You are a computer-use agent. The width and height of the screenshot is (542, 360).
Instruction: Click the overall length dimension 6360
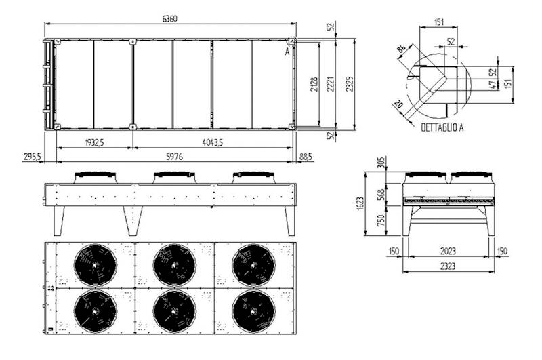(169, 19)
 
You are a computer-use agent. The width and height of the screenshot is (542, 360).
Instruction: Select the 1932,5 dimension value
(94, 142)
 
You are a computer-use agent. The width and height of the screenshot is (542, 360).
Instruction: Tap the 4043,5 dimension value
(213, 142)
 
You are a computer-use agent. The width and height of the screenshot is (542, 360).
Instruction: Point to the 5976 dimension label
(174, 157)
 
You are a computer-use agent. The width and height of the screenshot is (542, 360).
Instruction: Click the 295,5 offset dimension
(32, 157)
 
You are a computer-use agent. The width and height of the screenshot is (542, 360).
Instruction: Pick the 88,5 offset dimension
(306, 157)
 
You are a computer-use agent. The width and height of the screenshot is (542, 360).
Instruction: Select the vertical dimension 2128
(314, 84)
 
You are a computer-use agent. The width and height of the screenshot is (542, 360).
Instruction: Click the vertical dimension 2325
(350, 84)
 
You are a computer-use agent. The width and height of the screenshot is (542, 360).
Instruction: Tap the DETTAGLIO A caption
(442, 127)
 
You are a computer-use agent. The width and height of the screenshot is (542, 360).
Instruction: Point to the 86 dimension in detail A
(401, 48)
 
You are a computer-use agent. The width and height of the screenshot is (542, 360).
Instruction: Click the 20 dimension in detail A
(398, 104)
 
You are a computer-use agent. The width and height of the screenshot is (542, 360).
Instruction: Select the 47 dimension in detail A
(493, 85)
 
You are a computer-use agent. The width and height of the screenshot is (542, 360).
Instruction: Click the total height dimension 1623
(360, 203)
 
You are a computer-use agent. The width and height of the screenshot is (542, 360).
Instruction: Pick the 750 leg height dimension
(381, 220)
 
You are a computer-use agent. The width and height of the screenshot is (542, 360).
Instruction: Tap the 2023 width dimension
(448, 251)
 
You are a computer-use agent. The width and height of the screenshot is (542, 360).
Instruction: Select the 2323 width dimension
(448, 266)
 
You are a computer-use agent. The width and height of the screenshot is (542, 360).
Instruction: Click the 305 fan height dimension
(381, 163)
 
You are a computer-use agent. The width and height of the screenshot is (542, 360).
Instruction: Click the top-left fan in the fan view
(96, 265)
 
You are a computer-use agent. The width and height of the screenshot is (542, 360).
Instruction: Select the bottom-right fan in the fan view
(253, 311)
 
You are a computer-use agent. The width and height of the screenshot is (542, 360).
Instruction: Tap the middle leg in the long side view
(133, 221)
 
